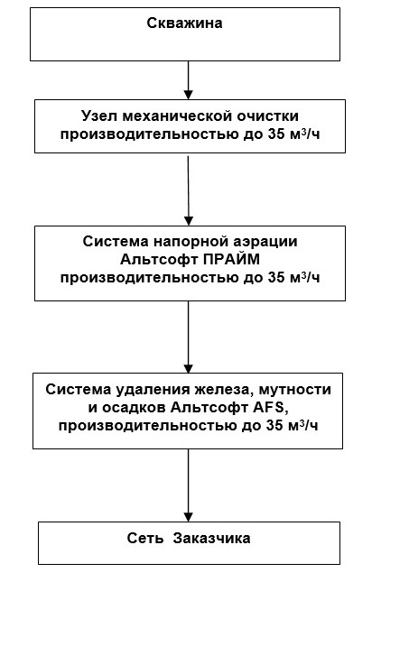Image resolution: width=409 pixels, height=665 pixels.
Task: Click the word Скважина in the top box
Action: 185,23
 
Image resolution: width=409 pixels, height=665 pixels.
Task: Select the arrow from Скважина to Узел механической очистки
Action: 188,79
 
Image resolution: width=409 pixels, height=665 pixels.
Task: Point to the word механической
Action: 181,116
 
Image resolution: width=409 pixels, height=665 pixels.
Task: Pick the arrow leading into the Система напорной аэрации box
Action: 188,189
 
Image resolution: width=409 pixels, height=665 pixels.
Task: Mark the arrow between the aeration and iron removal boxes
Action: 188,336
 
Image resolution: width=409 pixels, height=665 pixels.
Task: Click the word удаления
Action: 156,389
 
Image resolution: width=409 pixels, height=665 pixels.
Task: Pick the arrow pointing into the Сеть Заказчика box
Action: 188,485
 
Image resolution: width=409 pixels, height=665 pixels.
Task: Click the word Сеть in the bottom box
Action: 144,538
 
